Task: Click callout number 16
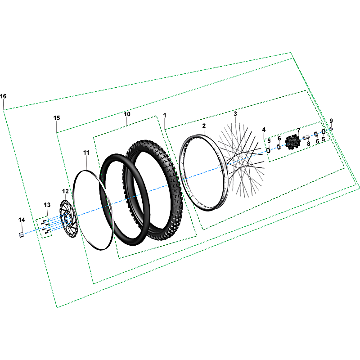click(3, 96)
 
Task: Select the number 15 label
click(57, 118)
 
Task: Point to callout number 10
click(127, 114)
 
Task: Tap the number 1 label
click(165, 115)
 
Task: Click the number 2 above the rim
click(204, 126)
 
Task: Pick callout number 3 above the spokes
click(235, 114)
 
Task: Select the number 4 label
click(264, 130)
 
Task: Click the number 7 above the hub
click(298, 130)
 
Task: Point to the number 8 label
click(308, 144)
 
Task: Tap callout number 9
click(331, 121)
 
